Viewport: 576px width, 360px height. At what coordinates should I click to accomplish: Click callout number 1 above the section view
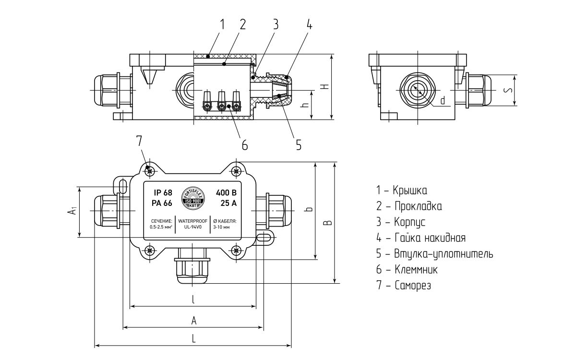(x=222, y=24)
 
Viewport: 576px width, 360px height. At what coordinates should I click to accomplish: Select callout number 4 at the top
(x=309, y=25)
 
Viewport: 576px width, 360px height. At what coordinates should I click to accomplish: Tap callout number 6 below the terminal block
(x=244, y=144)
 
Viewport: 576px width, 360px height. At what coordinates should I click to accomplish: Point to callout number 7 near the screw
(x=139, y=141)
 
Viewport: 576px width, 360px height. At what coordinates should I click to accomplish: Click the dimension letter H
(x=325, y=86)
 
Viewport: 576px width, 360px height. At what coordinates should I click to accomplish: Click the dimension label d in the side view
(x=443, y=100)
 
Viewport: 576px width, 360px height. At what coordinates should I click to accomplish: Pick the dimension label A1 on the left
(x=71, y=211)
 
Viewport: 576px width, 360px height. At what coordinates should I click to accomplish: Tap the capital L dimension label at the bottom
(x=193, y=338)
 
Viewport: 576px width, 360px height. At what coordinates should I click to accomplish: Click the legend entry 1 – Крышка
(x=402, y=191)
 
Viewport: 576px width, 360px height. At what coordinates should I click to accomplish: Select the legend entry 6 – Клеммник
(x=407, y=270)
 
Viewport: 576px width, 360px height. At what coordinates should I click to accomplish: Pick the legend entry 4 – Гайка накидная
(x=421, y=238)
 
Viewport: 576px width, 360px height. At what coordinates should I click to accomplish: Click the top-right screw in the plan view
(x=236, y=171)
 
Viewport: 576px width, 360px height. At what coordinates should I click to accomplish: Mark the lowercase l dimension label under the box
(x=193, y=300)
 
